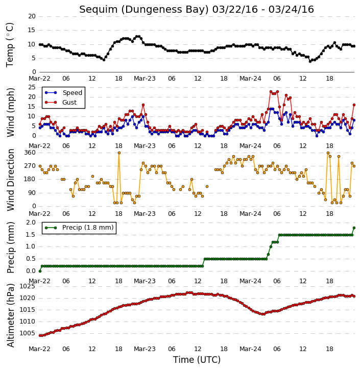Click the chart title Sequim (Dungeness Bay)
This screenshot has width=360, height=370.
(x=144, y=10)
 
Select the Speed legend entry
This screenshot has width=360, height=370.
(x=64, y=93)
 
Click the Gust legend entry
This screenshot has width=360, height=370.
(x=61, y=103)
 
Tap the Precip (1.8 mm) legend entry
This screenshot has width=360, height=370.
(x=79, y=228)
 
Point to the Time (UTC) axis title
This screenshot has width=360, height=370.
(x=197, y=360)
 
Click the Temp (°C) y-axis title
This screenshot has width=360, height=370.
(x=10, y=45)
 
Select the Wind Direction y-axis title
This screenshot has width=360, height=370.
(x=10, y=180)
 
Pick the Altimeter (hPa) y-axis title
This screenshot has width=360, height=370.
(x=10, y=315)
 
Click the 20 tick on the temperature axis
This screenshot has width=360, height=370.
(x=32, y=16)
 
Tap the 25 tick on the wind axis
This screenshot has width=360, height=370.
(x=32, y=87)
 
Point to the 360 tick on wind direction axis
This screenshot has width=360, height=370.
(x=30, y=153)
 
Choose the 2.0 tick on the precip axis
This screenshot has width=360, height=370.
(x=31, y=223)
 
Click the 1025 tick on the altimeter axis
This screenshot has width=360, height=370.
(x=27, y=286)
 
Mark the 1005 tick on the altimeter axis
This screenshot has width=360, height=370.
(x=27, y=333)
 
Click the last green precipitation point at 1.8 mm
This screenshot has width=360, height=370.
(x=354, y=228)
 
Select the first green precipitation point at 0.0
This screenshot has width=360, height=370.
(x=40, y=271)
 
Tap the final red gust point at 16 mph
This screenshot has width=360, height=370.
(x=354, y=105)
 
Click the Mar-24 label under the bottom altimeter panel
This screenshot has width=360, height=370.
(x=250, y=349)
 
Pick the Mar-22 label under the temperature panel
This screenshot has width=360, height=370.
(x=39, y=79)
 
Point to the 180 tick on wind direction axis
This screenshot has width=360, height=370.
(x=30, y=179)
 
